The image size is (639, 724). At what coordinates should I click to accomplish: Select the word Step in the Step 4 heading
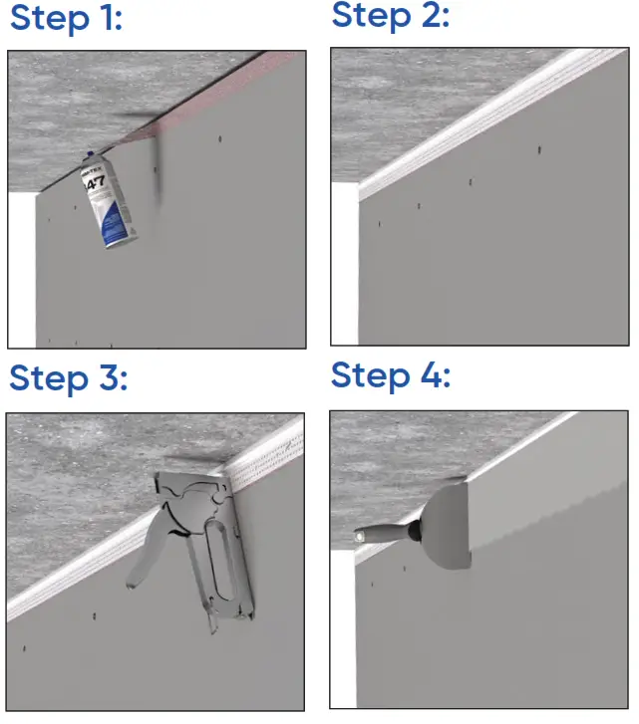[x=369, y=376]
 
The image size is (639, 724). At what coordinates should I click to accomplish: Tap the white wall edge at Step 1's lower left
[x=21, y=269]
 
